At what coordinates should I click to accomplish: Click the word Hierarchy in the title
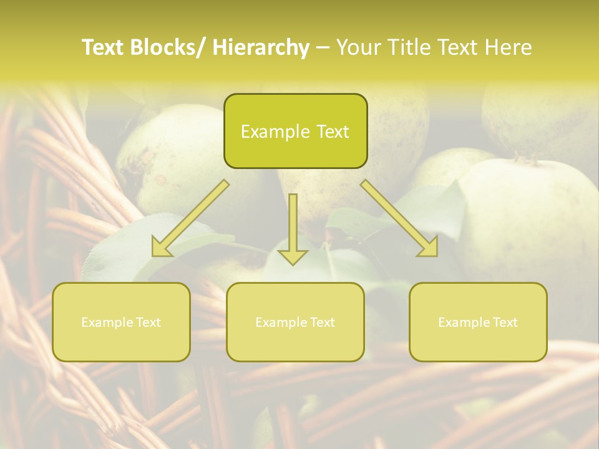click(261, 47)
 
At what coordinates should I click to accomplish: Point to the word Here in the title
click(509, 47)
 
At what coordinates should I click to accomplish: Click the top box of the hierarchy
click(295, 131)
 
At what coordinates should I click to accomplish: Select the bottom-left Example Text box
click(121, 322)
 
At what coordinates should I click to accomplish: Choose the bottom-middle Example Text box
click(295, 322)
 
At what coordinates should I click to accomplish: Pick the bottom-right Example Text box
click(478, 322)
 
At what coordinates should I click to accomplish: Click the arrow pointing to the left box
click(190, 218)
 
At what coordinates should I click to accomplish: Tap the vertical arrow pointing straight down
click(293, 228)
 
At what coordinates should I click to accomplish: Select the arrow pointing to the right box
click(399, 218)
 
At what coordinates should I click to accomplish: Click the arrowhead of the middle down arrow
click(293, 256)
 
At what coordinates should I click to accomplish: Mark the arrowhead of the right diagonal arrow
click(429, 248)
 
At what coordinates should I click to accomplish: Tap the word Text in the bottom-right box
click(504, 322)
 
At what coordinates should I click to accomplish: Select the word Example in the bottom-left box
click(107, 322)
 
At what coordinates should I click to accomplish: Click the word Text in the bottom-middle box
click(321, 322)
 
